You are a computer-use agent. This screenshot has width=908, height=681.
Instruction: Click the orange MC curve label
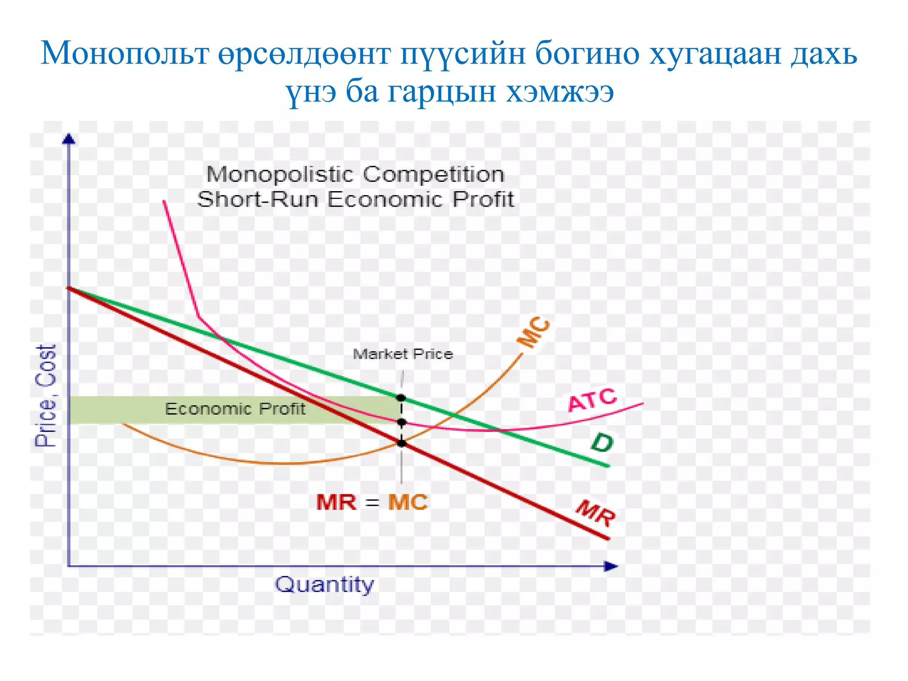[x=534, y=333]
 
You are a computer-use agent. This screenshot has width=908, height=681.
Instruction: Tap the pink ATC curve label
[x=592, y=400]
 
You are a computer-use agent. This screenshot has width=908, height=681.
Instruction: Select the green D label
[x=602, y=442]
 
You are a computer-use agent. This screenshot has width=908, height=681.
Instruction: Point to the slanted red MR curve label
[x=595, y=513]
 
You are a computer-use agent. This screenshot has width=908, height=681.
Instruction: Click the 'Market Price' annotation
[x=403, y=354]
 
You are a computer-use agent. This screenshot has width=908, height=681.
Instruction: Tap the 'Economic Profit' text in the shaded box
[x=235, y=409]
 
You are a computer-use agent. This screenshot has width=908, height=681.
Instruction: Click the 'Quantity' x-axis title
[x=325, y=585]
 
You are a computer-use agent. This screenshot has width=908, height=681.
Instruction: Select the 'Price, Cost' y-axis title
[x=46, y=395]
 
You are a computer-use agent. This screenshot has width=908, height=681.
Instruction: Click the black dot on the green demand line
[x=401, y=398]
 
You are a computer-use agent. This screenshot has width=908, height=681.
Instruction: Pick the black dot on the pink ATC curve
[x=402, y=422]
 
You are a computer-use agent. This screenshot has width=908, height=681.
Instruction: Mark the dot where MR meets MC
[x=402, y=443]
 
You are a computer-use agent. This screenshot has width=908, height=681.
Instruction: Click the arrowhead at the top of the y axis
[x=69, y=139]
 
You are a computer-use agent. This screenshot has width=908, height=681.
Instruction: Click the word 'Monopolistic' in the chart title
[x=279, y=174]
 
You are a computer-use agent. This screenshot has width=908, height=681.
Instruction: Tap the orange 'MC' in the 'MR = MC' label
[x=407, y=503]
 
